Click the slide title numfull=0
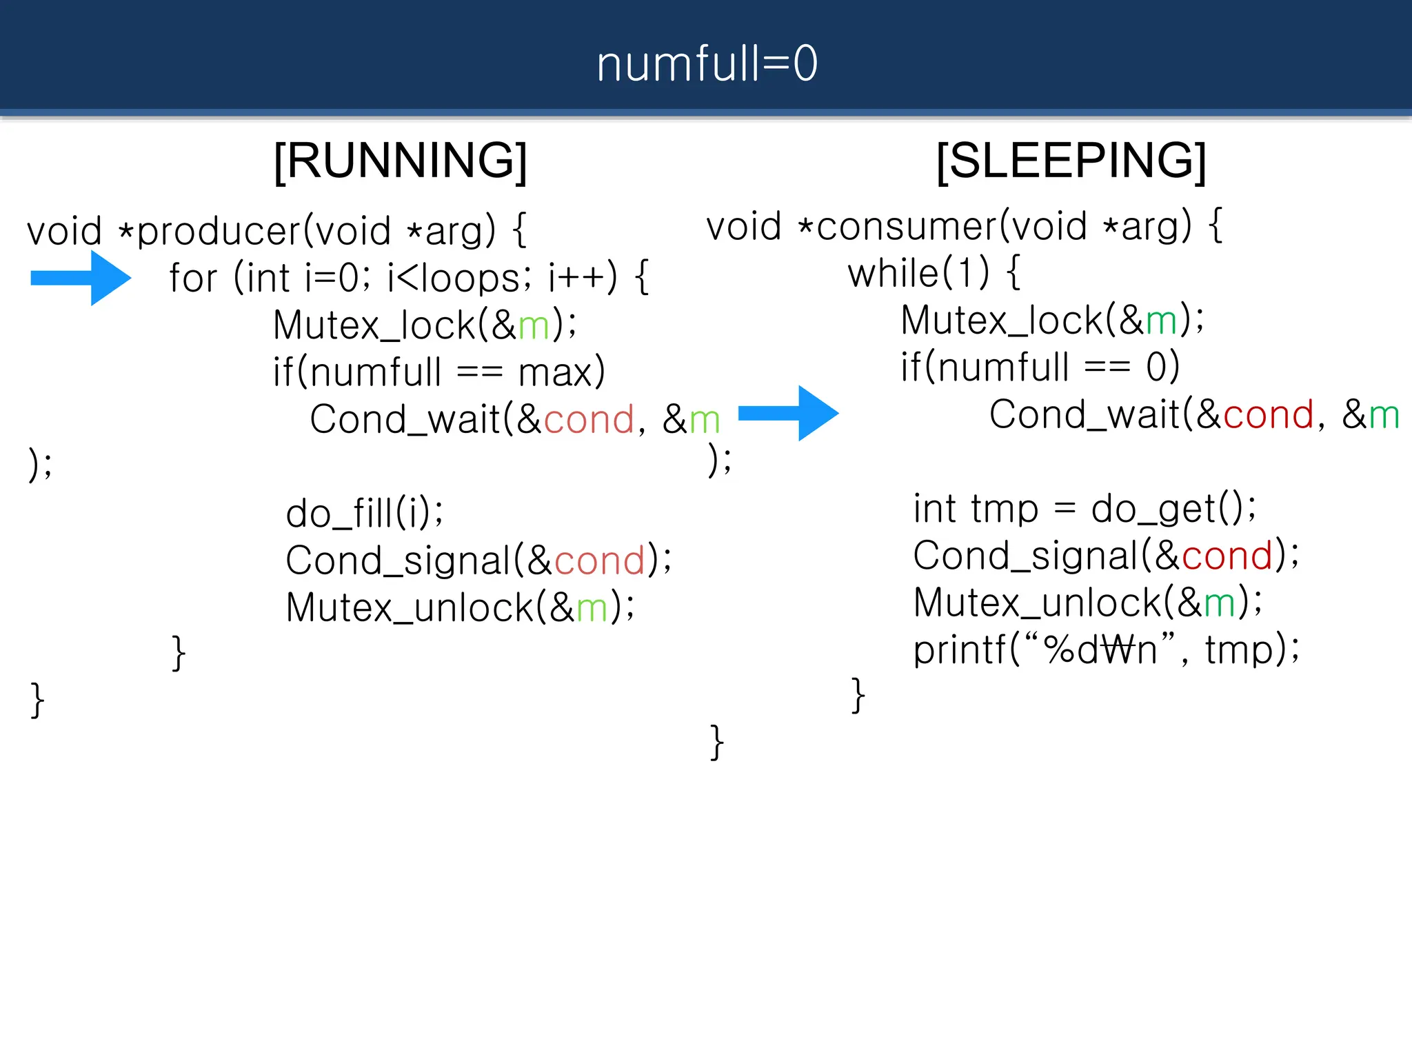[707, 63]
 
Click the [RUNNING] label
[401, 161]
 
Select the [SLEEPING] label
[1071, 161]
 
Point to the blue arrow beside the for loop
[81, 278]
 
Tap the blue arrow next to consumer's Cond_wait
[789, 413]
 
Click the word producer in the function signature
[219, 231]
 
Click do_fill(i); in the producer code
[364, 514]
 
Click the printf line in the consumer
[1105, 649]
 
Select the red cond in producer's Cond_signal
[598, 561]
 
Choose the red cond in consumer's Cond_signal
[1227, 556]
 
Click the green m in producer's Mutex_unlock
[592, 608]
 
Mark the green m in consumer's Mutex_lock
[1160, 321]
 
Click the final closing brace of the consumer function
[717, 743]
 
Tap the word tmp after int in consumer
[1004, 509]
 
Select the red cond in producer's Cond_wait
[588, 419]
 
